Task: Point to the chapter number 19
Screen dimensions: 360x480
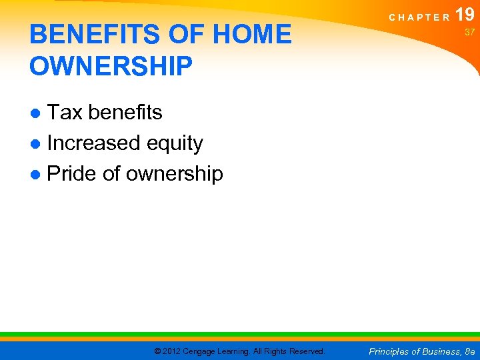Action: [x=465, y=13]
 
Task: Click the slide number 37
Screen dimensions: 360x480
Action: [x=469, y=32]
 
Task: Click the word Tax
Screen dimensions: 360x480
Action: [x=64, y=113]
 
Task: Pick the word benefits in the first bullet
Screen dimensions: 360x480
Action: [x=125, y=113]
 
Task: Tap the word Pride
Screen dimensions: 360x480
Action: [x=74, y=173]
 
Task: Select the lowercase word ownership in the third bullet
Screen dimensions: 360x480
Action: [x=174, y=175]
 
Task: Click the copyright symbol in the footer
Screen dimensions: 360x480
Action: [x=157, y=351]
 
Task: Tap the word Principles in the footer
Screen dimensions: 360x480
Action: [x=389, y=351]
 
